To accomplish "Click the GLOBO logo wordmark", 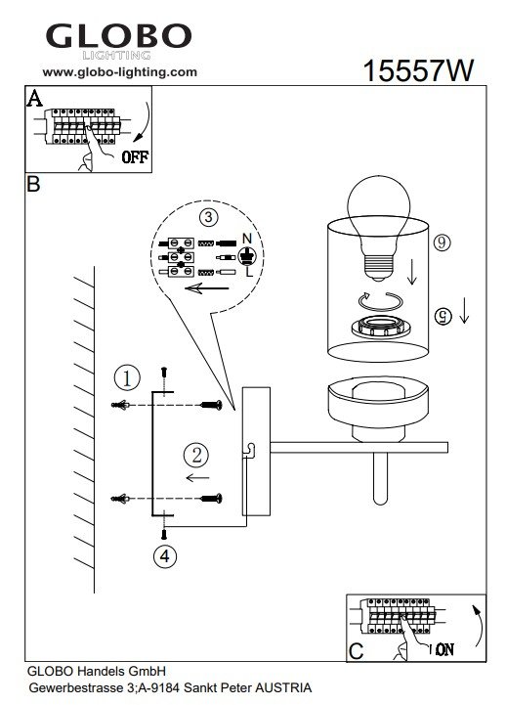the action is (118, 37).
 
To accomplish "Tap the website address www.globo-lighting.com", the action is (119, 72).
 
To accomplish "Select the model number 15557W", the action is (418, 70).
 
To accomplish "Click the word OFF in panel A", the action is (135, 156).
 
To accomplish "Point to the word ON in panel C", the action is (444, 649).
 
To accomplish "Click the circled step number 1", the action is (127, 378).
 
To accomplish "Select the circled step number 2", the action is (196, 455).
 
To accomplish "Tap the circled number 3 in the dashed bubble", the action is (208, 218).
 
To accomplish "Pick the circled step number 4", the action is (165, 556).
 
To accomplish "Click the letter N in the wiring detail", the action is (247, 239).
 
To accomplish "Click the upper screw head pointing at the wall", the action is (211, 405).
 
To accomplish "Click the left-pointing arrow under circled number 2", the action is (197, 477).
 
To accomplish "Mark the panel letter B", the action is (33, 184).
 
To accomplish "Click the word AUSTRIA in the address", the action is (283, 687).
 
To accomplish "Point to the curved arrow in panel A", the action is (145, 122).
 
